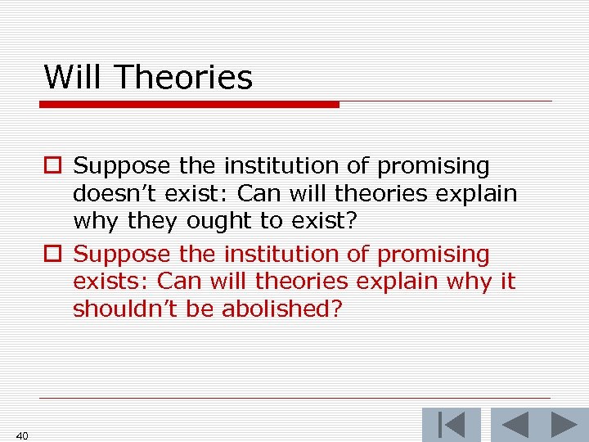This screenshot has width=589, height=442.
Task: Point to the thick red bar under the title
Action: (190, 104)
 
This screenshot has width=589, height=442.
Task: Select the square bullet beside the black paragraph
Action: (52, 167)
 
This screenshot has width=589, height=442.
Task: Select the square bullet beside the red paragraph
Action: (52, 255)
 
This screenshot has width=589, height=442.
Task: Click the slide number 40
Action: (22, 435)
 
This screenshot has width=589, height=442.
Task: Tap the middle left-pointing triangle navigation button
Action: (515, 425)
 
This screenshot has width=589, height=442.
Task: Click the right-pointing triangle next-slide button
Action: (564, 425)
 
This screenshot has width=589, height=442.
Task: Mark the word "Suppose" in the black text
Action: (123, 166)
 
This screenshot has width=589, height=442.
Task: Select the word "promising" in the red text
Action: (433, 255)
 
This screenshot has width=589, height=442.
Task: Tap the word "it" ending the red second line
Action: (507, 282)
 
